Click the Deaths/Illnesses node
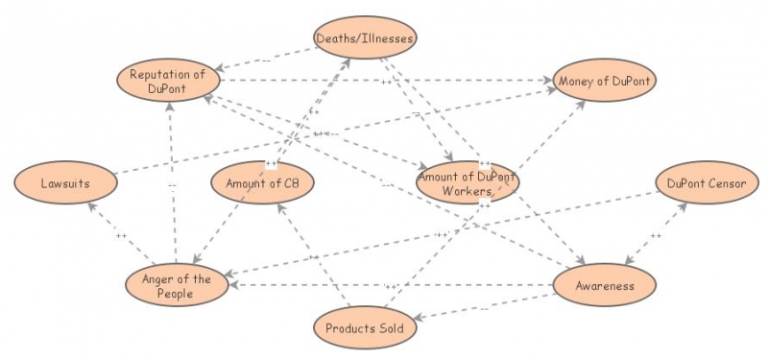366,38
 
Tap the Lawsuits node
65,182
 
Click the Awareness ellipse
606,285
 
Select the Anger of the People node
178,286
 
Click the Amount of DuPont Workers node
468,183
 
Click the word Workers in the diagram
468,191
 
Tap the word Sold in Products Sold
396,328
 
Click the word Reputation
158,75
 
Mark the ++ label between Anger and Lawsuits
121,235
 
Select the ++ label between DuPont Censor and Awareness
656,235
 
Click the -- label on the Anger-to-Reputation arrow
172,185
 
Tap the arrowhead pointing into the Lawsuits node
87,204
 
